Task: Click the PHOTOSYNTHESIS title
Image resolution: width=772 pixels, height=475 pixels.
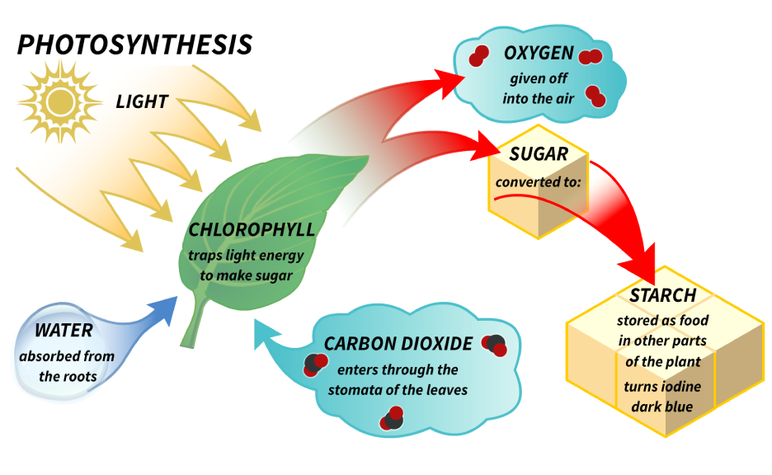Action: [134, 45]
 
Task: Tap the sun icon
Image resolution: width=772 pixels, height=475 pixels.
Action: [59, 101]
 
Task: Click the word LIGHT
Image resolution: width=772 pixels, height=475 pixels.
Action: [142, 102]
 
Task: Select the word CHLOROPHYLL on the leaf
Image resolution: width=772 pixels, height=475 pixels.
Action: [252, 229]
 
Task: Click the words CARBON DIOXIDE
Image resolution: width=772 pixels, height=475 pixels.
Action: [398, 344]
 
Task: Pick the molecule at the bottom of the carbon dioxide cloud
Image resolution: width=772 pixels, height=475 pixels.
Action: [391, 419]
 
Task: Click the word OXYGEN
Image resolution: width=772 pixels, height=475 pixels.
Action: [539, 54]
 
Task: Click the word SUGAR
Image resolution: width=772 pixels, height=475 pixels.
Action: [539, 153]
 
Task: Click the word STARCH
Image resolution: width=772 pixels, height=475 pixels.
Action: [663, 295]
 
